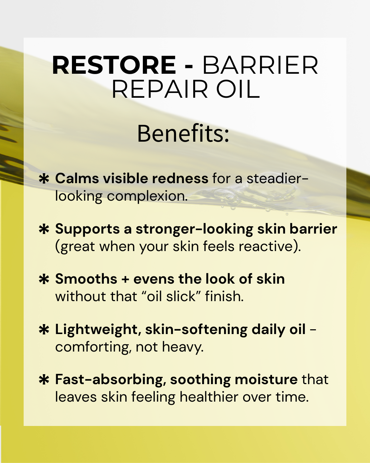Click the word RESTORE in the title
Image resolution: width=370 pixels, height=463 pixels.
[x=114, y=65]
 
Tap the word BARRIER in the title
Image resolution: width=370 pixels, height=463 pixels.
[x=260, y=65]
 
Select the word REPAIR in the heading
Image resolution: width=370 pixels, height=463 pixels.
[x=160, y=90]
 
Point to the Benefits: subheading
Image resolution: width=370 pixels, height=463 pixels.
[x=183, y=133]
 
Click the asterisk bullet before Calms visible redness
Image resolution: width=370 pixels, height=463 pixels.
[x=44, y=179]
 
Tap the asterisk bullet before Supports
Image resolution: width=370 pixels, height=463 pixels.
[x=44, y=229]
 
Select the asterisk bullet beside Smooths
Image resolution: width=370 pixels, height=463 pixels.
[x=44, y=280]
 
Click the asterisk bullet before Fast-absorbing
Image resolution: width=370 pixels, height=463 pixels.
[x=44, y=380]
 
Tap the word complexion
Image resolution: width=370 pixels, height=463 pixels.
[x=147, y=196]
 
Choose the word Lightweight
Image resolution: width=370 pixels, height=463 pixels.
[x=96, y=330]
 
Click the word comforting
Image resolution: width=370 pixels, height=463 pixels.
[x=93, y=347]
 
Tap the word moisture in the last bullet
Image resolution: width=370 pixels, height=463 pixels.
[x=266, y=380]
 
